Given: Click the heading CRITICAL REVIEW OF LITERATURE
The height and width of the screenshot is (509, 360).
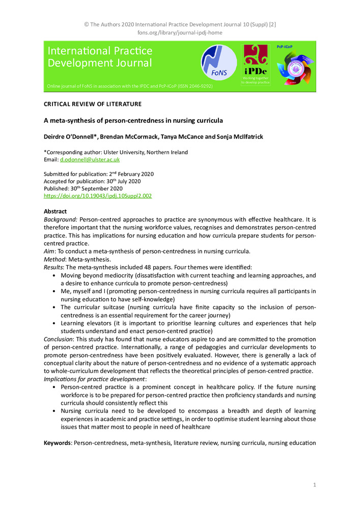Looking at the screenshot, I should point(93,104).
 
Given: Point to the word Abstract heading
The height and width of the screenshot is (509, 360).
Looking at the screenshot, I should point(56,211).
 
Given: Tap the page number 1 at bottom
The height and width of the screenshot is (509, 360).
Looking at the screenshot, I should point(315,485).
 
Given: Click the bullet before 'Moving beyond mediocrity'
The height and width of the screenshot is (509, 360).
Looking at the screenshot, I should point(54,275).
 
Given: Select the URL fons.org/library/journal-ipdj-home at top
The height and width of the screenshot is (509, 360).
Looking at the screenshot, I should point(180,33).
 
